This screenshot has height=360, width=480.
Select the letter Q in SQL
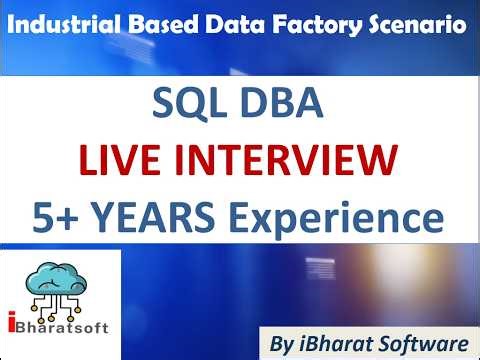point(188,105)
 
